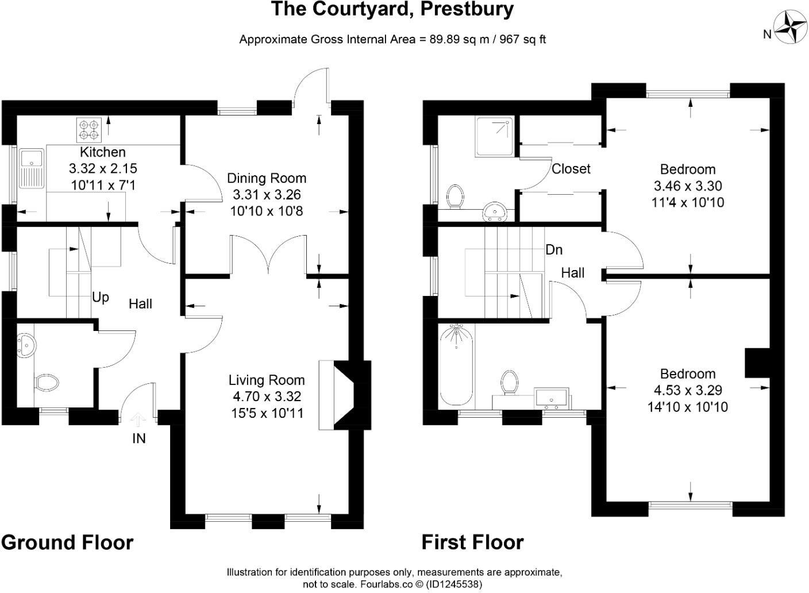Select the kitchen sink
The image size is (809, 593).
click(x=28, y=168)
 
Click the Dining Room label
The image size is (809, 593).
click(x=267, y=178)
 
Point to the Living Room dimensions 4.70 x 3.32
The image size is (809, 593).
click(x=267, y=396)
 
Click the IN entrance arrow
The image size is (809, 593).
click(x=138, y=421)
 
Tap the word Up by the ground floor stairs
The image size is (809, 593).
click(x=101, y=298)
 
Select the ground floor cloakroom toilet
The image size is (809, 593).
click(x=47, y=382)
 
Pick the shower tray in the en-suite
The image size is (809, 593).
click(x=494, y=137)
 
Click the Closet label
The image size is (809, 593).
click(x=571, y=169)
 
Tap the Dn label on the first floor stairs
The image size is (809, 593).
click(x=554, y=250)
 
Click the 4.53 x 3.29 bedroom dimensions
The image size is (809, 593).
click(x=688, y=391)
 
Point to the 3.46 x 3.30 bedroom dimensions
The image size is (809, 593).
click(x=688, y=186)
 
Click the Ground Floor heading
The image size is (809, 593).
click(x=67, y=542)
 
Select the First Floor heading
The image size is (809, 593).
click(x=472, y=542)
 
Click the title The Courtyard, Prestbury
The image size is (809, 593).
click(x=392, y=9)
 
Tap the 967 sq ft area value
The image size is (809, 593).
click(x=523, y=40)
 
